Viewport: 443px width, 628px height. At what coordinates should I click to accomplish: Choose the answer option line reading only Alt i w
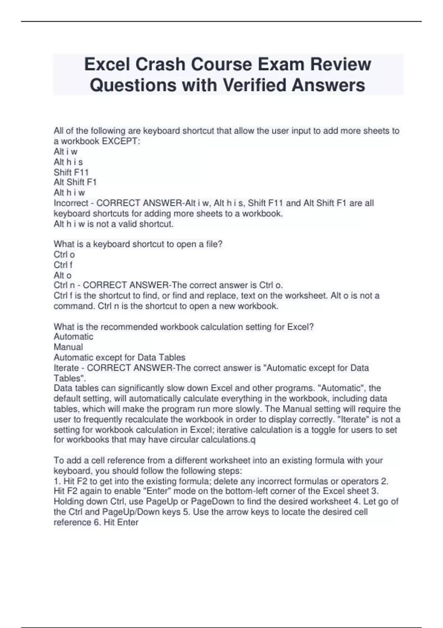[65, 151]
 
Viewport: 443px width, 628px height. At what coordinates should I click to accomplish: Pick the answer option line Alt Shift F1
[75, 182]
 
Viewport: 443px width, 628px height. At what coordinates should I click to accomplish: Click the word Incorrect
[71, 203]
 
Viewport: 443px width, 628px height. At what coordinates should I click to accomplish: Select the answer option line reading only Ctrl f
[63, 265]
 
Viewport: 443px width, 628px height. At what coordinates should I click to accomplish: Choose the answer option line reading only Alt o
[62, 275]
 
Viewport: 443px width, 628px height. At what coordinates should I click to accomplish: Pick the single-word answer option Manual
[68, 347]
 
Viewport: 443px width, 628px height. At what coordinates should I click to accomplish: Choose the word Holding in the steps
[69, 502]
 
